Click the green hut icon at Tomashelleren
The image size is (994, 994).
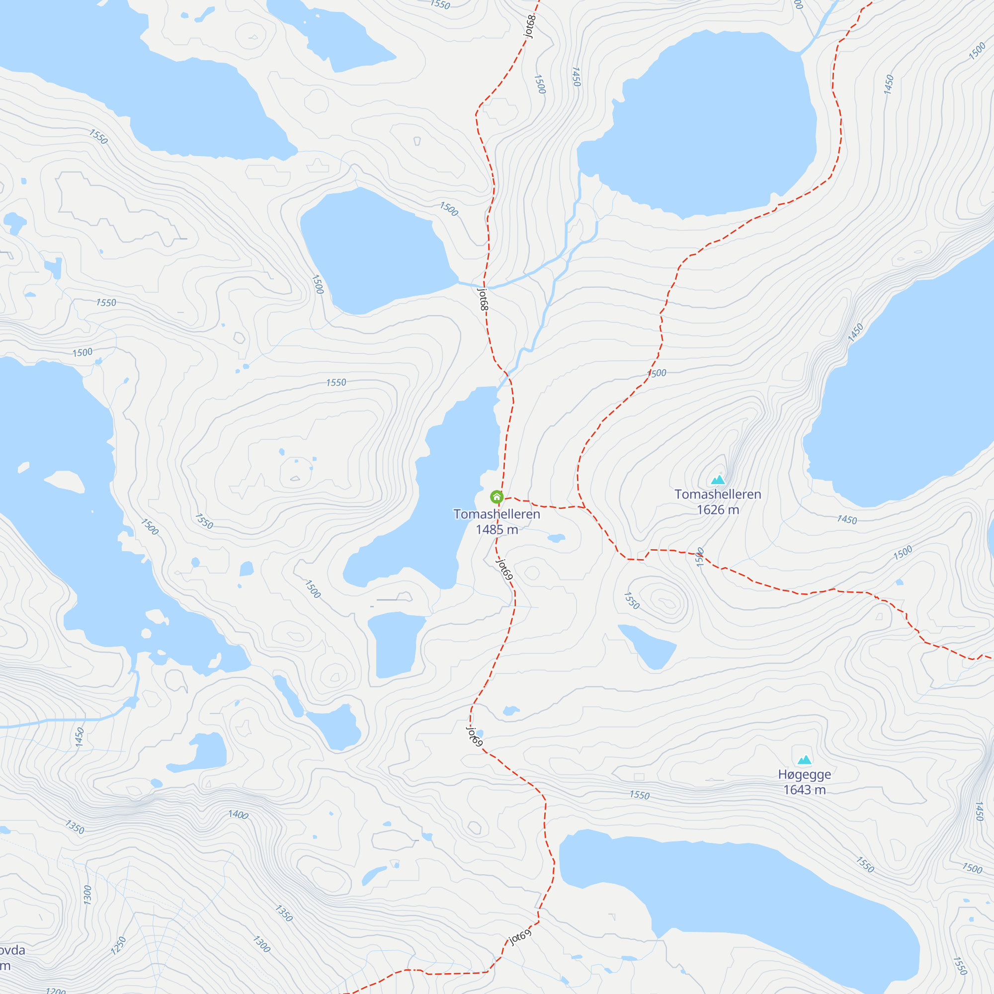(497, 497)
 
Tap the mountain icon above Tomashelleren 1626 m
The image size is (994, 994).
(718, 480)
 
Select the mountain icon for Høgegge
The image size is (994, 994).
(804, 760)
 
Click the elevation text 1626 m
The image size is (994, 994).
(718, 510)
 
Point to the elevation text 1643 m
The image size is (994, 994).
(804, 790)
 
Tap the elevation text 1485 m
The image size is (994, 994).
(497, 529)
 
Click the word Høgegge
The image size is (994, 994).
(804, 774)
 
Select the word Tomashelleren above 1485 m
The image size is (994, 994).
(497, 514)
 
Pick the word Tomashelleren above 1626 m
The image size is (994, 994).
(718, 495)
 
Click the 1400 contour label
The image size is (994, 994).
(238, 815)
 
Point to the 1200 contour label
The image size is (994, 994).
(55, 991)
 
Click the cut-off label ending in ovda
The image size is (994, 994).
(11, 950)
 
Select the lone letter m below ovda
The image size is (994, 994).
(4, 966)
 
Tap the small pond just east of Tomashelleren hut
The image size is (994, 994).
(556, 538)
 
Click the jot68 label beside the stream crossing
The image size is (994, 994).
(483, 299)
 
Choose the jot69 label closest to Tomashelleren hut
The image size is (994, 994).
(504, 569)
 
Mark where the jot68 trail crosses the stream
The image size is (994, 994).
(485, 287)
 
